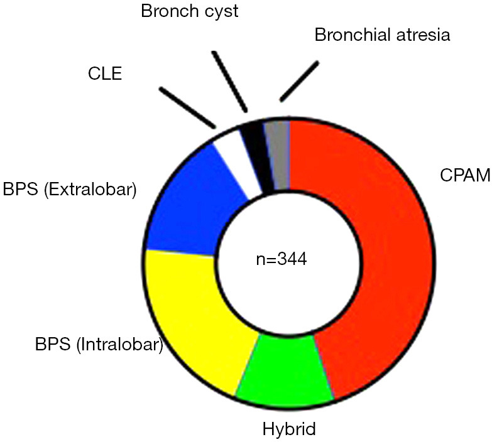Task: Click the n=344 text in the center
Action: [x=282, y=259]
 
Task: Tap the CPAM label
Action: [x=466, y=175]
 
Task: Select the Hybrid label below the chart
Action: [x=289, y=429]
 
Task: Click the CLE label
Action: [x=105, y=73]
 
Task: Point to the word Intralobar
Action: [x=119, y=345]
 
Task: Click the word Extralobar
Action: [x=90, y=190]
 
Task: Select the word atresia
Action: [x=424, y=35]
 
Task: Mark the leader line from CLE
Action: [x=188, y=107]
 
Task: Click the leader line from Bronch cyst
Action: [x=230, y=82]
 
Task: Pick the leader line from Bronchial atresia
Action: [x=299, y=81]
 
